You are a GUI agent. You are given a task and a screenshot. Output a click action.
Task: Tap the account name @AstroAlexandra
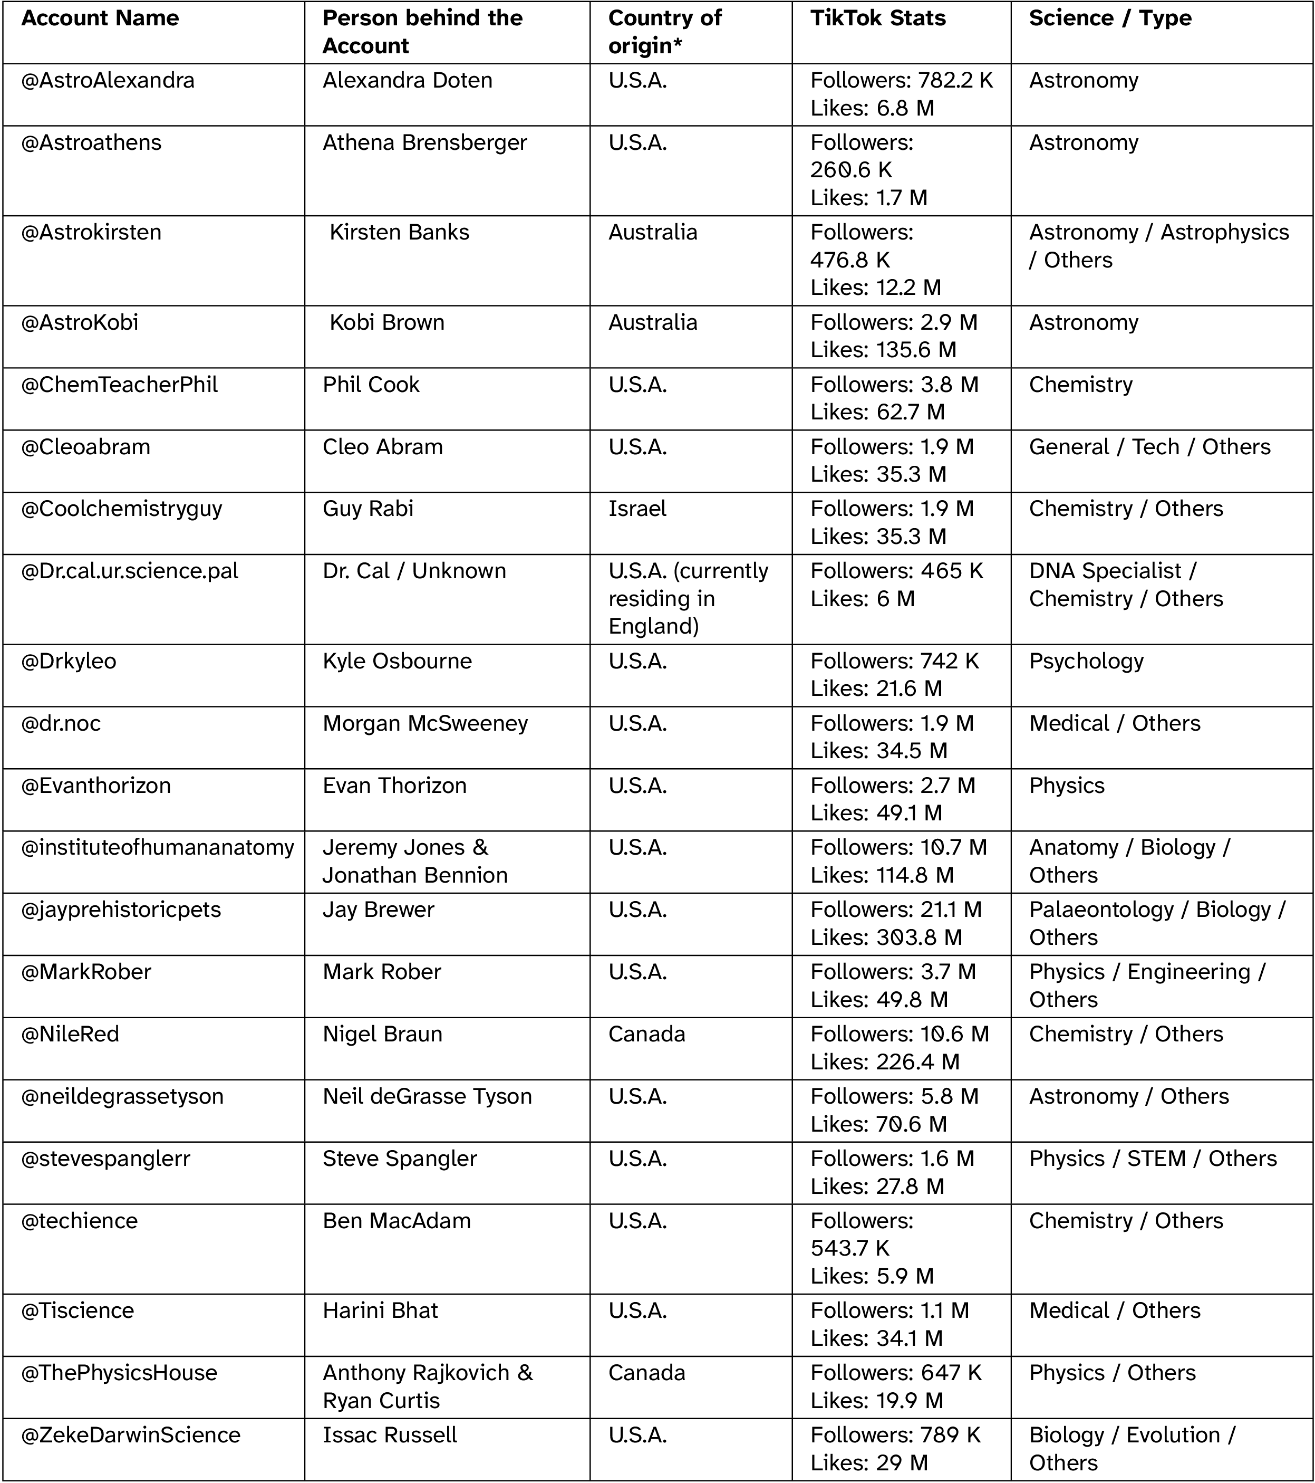click(108, 81)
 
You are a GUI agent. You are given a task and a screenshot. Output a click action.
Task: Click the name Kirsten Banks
click(399, 232)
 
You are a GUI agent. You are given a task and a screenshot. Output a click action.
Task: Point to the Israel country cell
click(637, 509)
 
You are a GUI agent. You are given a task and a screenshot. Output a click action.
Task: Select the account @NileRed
click(70, 1034)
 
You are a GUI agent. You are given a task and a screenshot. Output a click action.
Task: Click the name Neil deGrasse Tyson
click(427, 1096)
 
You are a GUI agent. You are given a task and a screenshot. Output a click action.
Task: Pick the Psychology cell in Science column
click(1086, 661)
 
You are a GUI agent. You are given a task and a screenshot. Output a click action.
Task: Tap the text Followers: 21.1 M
click(896, 910)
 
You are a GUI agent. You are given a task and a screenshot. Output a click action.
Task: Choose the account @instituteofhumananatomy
click(158, 847)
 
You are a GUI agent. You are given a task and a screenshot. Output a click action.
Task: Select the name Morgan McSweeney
click(425, 723)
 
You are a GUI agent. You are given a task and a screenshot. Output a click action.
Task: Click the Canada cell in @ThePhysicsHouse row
click(646, 1373)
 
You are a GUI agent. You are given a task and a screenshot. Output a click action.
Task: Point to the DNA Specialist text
click(1105, 571)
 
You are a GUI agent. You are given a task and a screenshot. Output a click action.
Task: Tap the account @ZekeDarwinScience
click(131, 1435)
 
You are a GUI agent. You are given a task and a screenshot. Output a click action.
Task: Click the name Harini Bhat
click(380, 1310)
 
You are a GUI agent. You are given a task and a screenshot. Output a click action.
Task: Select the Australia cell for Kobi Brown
click(653, 322)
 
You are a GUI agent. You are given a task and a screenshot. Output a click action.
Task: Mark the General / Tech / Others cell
click(1149, 447)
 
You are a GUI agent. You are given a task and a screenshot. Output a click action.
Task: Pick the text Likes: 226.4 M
click(885, 1061)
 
